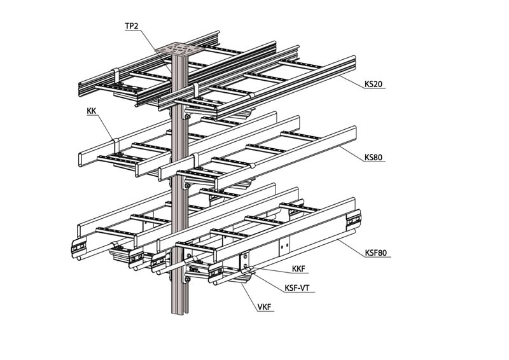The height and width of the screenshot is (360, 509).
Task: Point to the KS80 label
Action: [x=373, y=156]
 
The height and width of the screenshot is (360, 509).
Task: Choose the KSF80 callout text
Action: [x=376, y=253]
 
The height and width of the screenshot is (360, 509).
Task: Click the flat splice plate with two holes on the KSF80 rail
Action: [x=284, y=246]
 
